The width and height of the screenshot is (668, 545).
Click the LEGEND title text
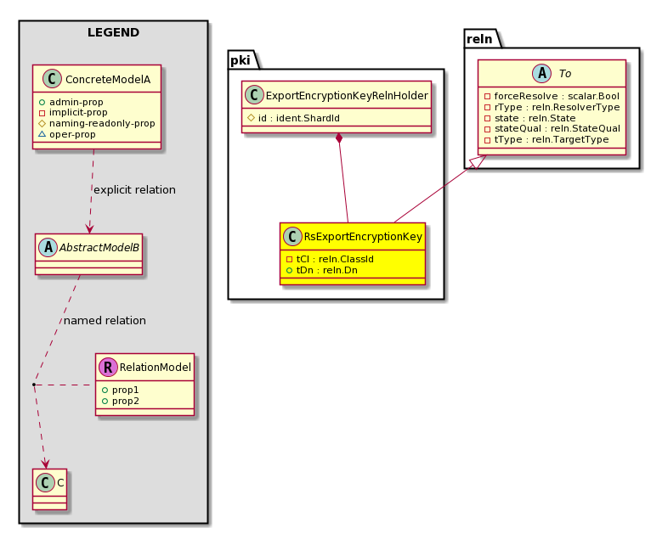[x=113, y=32]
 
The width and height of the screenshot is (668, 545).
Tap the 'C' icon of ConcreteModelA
[x=53, y=79]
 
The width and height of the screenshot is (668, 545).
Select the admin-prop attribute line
[x=71, y=102]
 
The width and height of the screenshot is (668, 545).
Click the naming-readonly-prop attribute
[x=97, y=123]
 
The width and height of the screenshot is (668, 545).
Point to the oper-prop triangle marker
[x=42, y=134]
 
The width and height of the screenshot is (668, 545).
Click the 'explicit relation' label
[x=134, y=190]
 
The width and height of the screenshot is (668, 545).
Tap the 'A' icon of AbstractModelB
[x=48, y=248]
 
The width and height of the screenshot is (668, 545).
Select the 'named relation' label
[x=105, y=320]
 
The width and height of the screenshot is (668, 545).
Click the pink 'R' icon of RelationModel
[x=108, y=368]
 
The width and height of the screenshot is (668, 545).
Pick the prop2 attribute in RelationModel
[x=121, y=401]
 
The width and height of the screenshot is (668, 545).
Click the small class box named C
[x=50, y=489]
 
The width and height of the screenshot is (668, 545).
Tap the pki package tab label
[x=240, y=60]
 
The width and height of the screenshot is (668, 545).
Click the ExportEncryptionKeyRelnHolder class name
[x=347, y=95]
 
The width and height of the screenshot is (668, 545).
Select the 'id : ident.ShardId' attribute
[x=293, y=118]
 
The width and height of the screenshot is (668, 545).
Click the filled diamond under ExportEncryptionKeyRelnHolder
[x=339, y=138]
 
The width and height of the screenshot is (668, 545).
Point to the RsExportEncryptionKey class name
[x=363, y=237]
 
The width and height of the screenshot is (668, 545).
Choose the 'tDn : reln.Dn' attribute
[x=321, y=270]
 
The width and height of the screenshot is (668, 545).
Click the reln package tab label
[x=479, y=39]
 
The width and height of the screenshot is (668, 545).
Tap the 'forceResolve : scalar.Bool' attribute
[x=552, y=96]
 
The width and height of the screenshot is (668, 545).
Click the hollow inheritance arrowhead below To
[x=479, y=161]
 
